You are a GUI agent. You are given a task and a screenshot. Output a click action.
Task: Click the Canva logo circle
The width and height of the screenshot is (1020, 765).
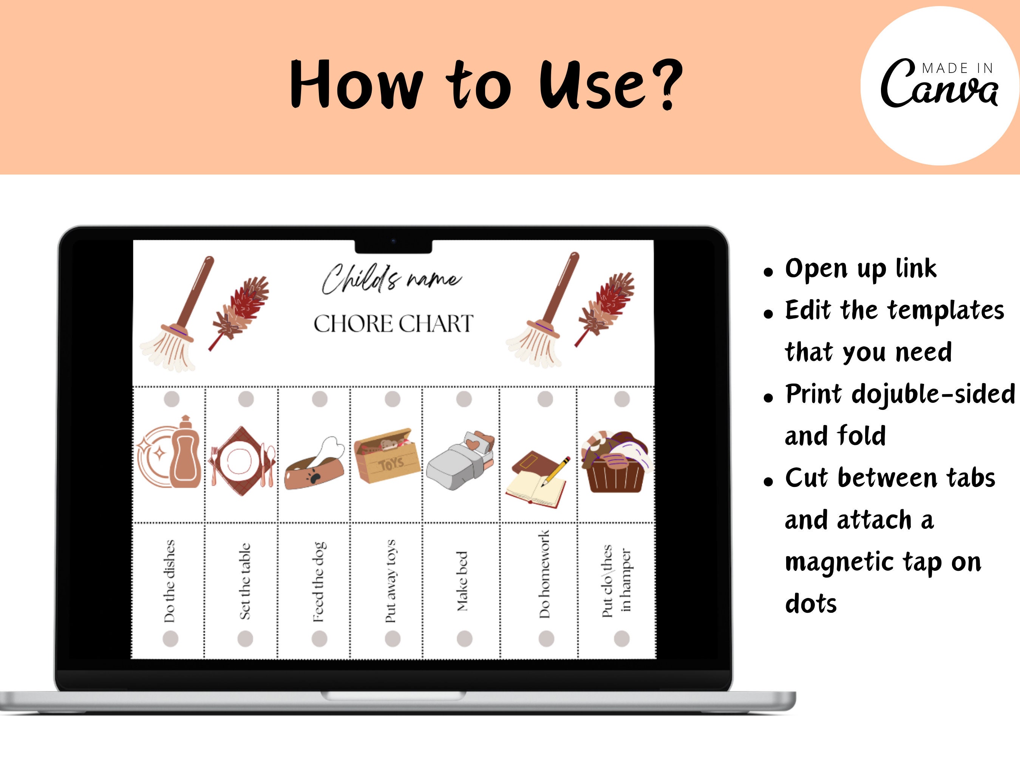pyautogui.click(x=940, y=86)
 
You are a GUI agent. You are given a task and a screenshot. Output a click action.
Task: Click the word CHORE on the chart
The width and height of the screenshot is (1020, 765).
pyautogui.click(x=353, y=324)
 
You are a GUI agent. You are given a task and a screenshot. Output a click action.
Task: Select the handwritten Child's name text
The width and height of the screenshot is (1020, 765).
pyautogui.click(x=391, y=278)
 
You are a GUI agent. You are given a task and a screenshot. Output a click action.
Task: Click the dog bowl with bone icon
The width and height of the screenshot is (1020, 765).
pyautogui.click(x=315, y=466)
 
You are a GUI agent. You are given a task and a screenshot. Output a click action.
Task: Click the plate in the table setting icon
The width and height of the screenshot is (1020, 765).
pyautogui.click(x=239, y=461)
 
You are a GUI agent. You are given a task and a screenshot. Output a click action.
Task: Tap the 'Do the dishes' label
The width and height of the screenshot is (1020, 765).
pyautogui.click(x=170, y=581)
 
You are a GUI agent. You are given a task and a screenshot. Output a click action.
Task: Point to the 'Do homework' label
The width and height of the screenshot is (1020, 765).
pyautogui.click(x=545, y=574)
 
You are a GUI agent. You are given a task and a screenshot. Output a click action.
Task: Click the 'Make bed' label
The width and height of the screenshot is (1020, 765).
pyautogui.click(x=462, y=581)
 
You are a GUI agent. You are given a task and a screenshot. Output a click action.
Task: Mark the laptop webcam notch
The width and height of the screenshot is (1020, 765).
pyautogui.click(x=393, y=246)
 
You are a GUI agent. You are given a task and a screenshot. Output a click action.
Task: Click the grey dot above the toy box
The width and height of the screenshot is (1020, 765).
pyautogui.click(x=393, y=399)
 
